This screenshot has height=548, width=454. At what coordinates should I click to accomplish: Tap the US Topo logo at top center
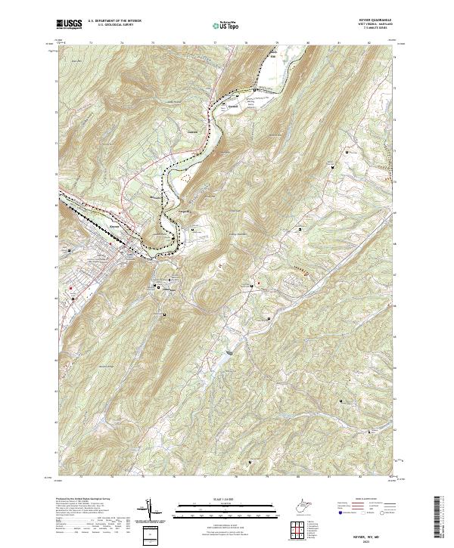tap(220, 26)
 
